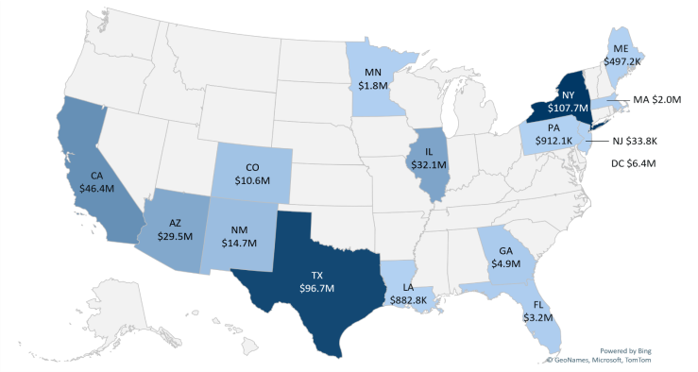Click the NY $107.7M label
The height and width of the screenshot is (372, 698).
click(569, 102)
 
